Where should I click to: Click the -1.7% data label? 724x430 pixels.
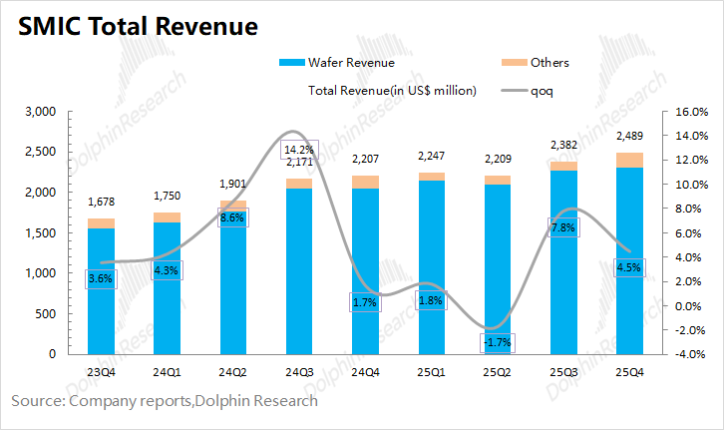[x=498, y=343]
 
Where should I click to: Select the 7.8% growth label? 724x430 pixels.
[x=562, y=227]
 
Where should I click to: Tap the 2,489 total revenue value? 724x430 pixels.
[x=629, y=136]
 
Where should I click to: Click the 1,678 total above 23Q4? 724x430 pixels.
[x=102, y=202]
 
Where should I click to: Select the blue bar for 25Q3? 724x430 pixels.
[x=562, y=289]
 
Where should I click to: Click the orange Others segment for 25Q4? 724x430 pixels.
[x=629, y=160]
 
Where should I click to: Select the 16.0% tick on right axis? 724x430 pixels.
[x=692, y=113]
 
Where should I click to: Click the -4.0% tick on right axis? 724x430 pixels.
[x=692, y=354]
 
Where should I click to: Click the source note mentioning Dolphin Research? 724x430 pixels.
[x=165, y=401]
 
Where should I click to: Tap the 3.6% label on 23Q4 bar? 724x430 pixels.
[x=101, y=279]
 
